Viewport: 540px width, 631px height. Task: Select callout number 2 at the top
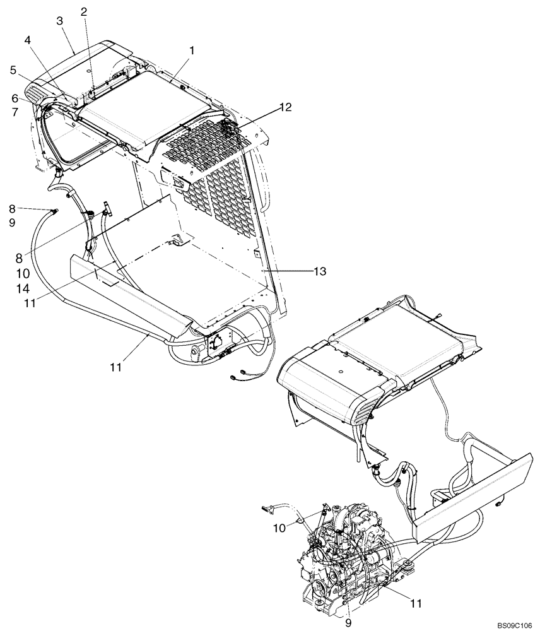(84, 11)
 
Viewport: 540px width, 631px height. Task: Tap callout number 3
(60, 21)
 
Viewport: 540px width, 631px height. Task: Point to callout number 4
(28, 40)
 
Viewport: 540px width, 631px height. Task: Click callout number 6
(13, 98)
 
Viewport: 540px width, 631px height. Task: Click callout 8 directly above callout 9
(13, 209)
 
